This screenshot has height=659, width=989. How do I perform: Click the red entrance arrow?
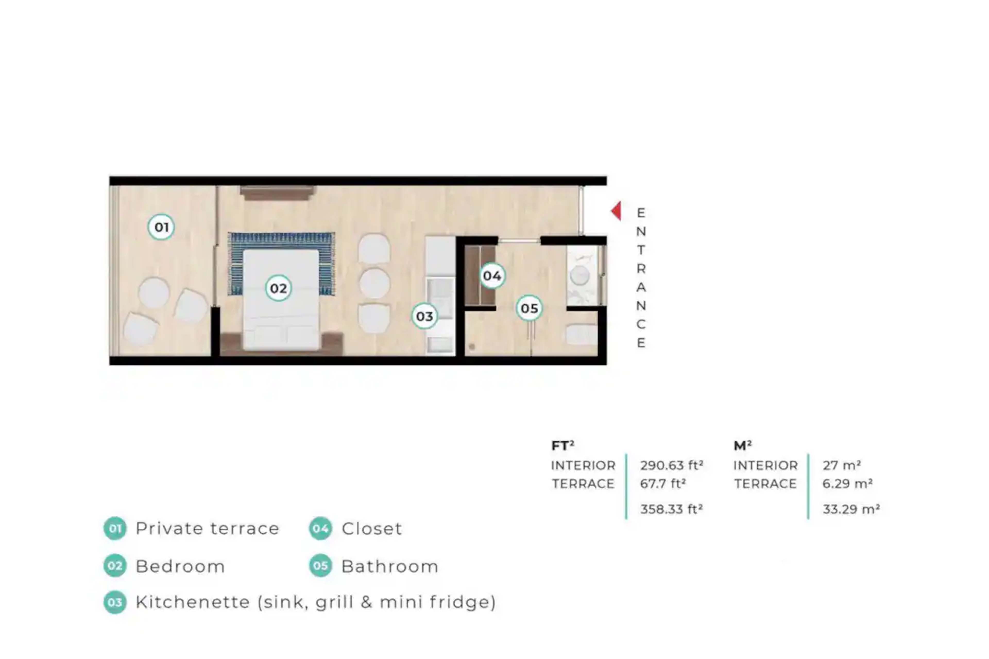coord(616,211)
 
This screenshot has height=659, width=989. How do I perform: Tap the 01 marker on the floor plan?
coord(161,227)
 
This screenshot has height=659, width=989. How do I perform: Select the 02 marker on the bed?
coord(278,288)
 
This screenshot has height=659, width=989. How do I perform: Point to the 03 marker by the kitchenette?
coord(424,316)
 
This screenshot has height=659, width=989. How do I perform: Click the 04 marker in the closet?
coord(492,276)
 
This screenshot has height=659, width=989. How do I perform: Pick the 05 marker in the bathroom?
coord(529,308)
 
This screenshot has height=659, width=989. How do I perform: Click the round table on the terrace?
coord(154,293)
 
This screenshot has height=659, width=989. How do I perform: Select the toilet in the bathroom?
coord(582,335)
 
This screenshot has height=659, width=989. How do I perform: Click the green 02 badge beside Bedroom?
coord(115,566)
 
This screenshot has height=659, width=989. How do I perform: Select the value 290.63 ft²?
coord(671,465)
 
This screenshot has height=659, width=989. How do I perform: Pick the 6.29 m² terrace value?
coord(847,483)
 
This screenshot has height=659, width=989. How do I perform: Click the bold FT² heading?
coord(562,446)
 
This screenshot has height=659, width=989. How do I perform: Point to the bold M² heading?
coord(743,446)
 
